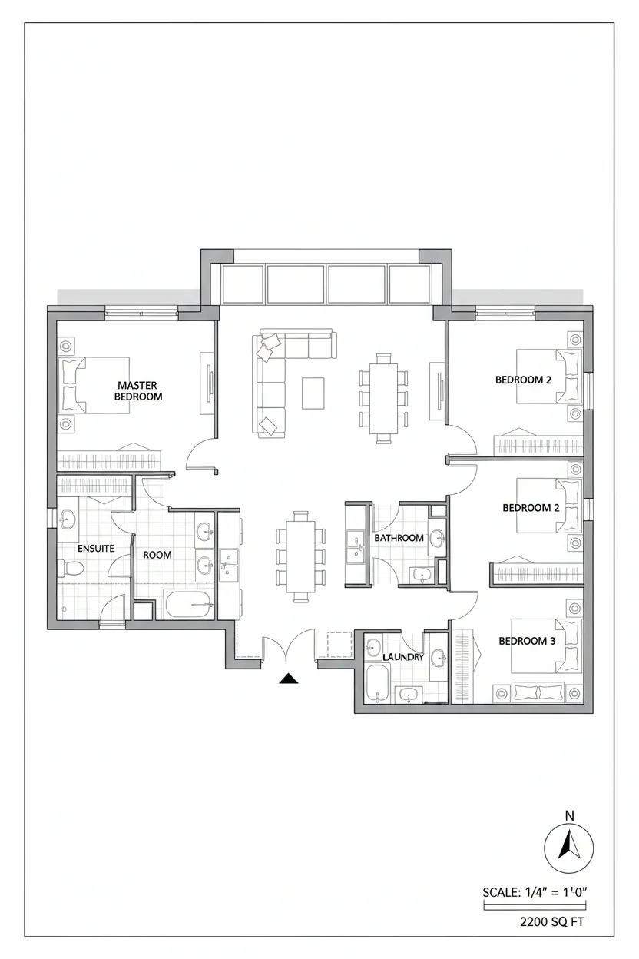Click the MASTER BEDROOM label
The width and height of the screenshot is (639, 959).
(x=137, y=391)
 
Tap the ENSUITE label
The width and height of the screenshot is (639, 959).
(x=96, y=549)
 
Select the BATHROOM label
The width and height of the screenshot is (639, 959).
(x=399, y=538)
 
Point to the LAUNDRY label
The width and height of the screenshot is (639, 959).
(x=403, y=657)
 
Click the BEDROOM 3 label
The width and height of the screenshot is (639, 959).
(x=527, y=641)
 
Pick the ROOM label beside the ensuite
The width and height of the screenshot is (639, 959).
(x=157, y=555)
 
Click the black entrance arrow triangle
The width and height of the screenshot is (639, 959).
(x=289, y=679)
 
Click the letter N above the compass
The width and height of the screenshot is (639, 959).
(x=569, y=816)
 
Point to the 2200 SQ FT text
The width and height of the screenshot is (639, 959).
(x=551, y=921)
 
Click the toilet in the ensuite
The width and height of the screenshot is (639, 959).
(x=71, y=569)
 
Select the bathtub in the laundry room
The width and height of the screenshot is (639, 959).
(x=378, y=683)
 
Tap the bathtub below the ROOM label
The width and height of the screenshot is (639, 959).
(x=188, y=604)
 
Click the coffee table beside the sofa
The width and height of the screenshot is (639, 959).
(x=313, y=393)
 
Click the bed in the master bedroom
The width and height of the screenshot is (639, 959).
(x=94, y=385)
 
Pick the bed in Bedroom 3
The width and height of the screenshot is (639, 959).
(x=547, y=645)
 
